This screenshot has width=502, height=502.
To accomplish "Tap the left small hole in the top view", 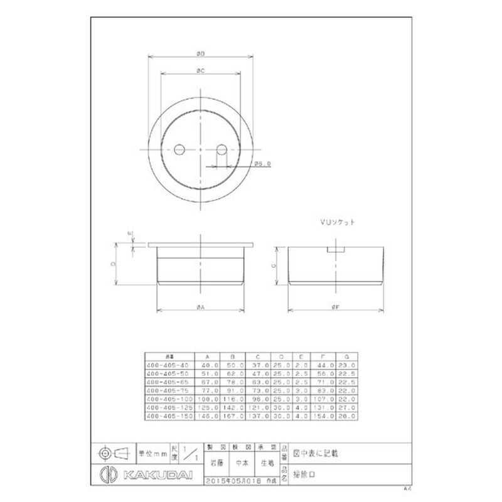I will (x=179, y=150).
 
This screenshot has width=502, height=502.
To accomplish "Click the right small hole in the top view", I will (x=222, y=150).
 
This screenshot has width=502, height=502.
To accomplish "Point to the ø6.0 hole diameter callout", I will (x=262, y=165).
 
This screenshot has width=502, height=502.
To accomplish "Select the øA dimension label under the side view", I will (x=200, y=307).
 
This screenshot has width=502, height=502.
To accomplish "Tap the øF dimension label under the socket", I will (x=336, y=307).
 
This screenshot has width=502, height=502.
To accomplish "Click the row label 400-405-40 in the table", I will (x=167, y=364).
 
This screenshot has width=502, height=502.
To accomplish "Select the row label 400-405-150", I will (x=167, y=415).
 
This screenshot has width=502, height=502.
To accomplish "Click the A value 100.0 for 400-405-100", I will (x=208, y=398).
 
